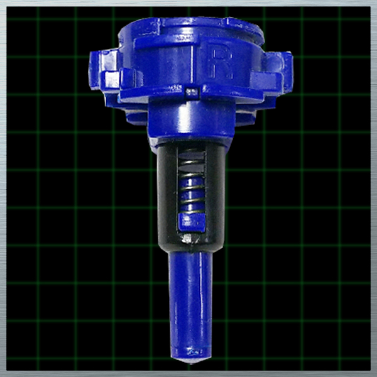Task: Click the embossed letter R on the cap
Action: (x=222, y=62)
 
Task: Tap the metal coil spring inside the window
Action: (x=192, y=183)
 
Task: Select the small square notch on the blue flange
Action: (x=192, y=93)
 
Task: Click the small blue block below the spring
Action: (x=192, y=222)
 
